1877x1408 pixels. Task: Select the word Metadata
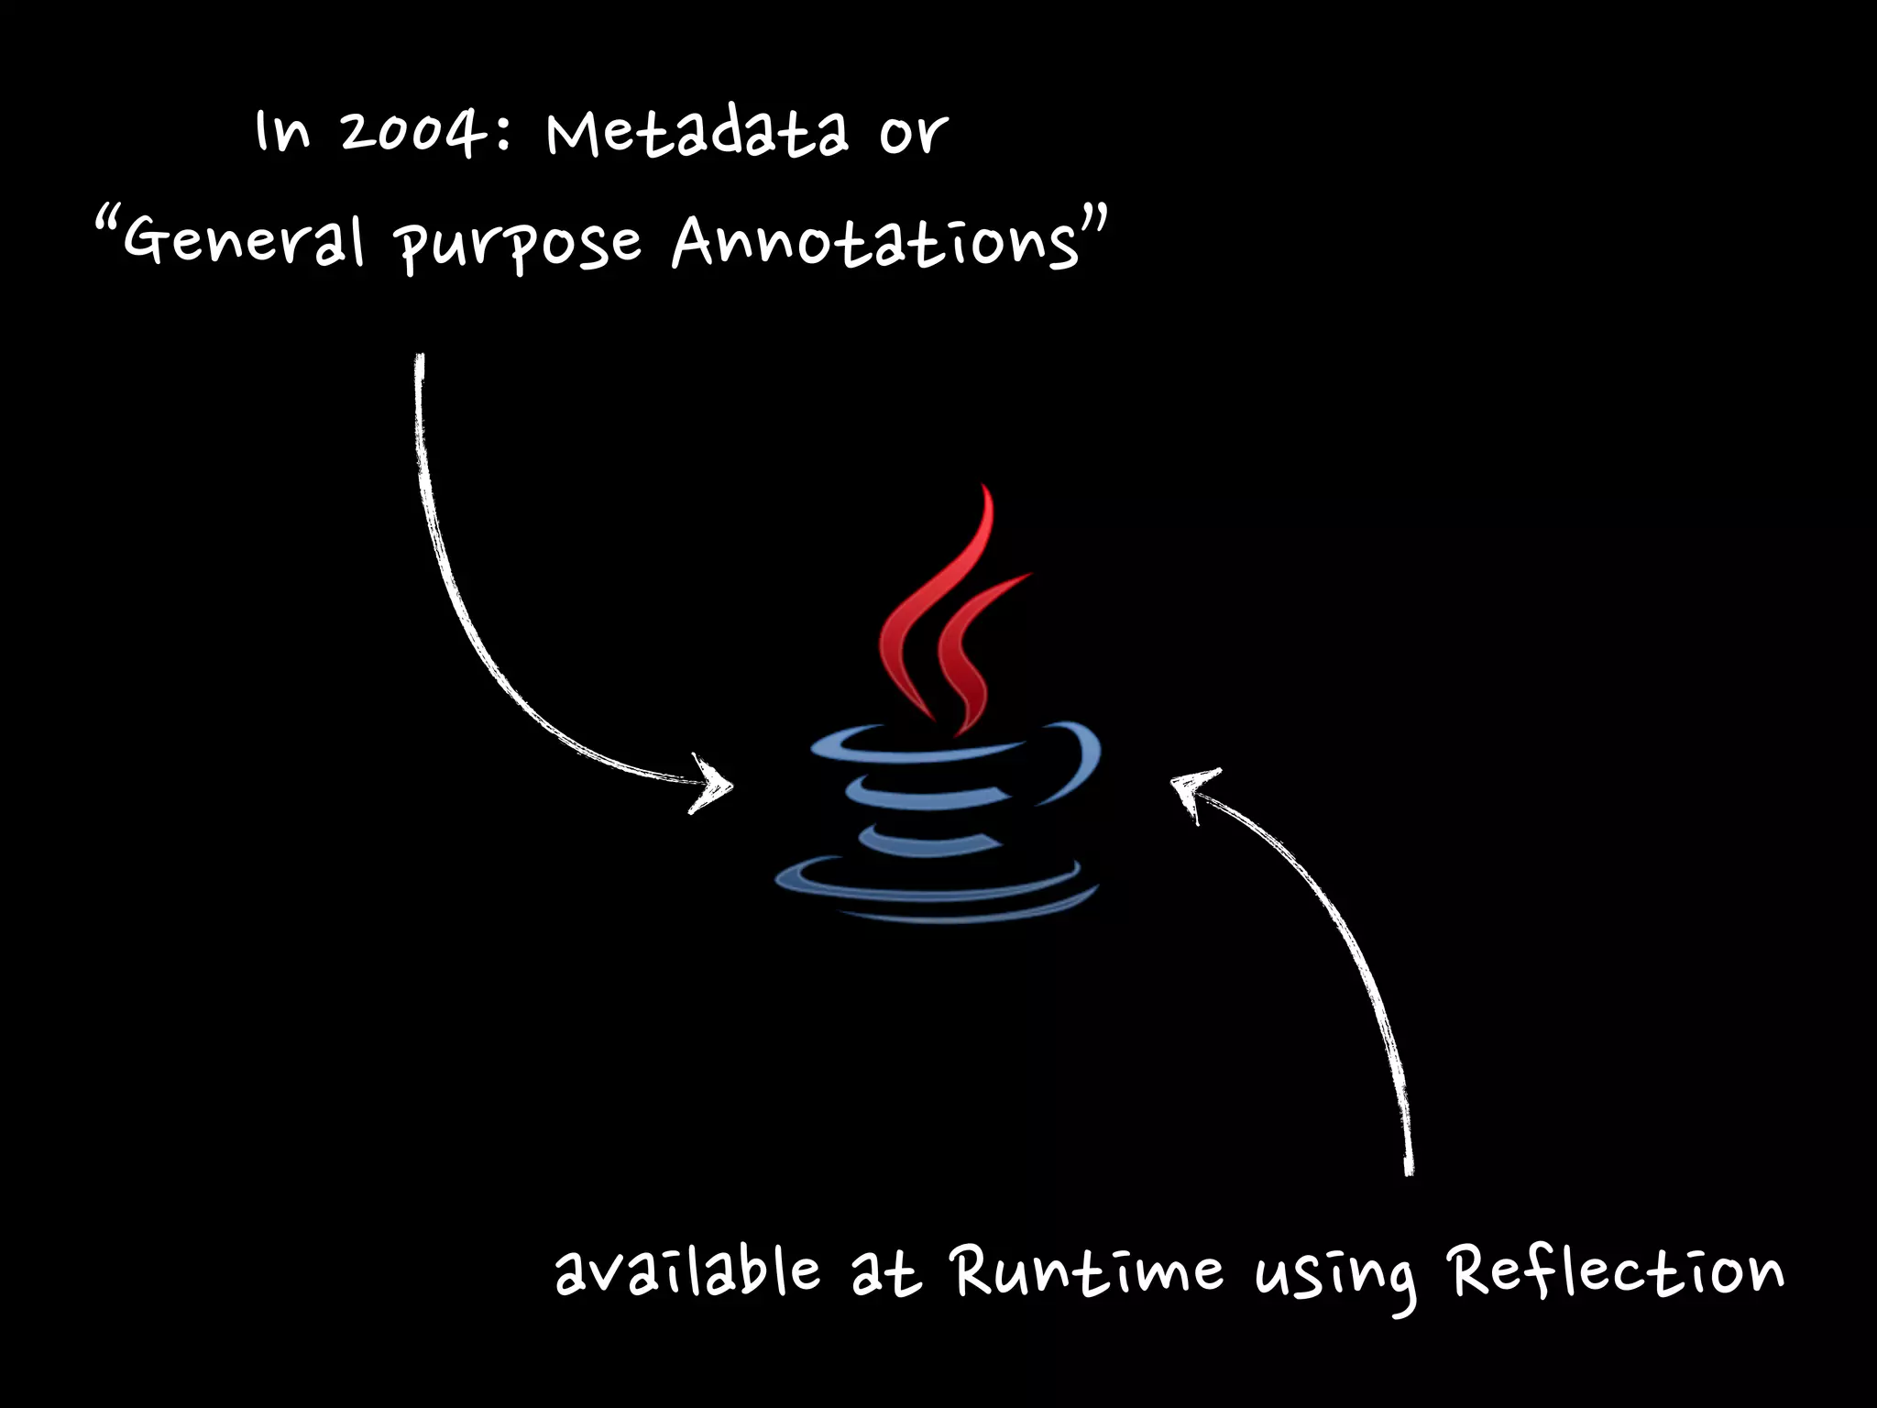pos(697,134)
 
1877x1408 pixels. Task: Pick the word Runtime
pos(1087,1271)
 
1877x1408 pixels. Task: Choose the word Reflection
pos(1615,1271)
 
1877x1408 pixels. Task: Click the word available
pos(687,1271)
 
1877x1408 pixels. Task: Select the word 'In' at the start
pos(282,132)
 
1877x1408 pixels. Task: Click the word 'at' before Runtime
pos(885,1274)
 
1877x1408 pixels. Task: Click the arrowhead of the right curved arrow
pos(1191,788)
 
